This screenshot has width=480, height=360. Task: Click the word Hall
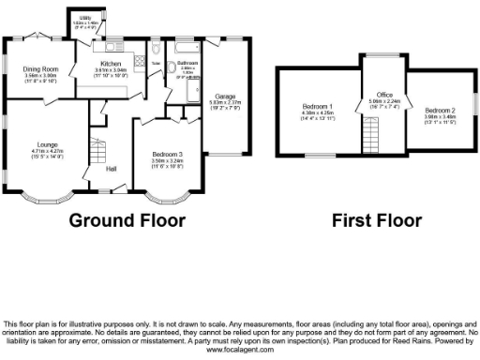click(x=111, y=169)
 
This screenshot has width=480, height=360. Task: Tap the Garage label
click(x=224, y=96)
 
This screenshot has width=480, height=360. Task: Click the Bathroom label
click(x=187, y=63)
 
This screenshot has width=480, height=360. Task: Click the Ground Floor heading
click(x=127, y=221)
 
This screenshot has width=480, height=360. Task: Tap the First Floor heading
click(x=377, y=221)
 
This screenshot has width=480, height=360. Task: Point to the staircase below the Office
click(x=372, y=142)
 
